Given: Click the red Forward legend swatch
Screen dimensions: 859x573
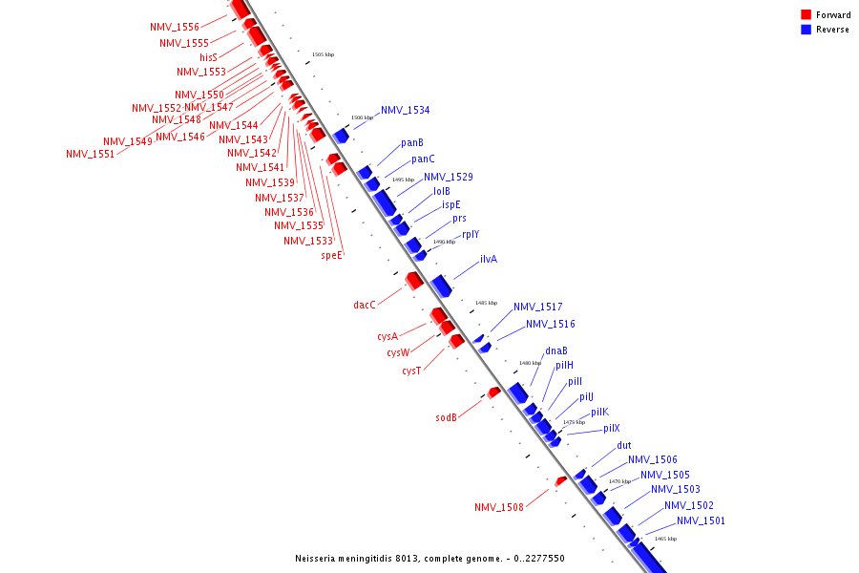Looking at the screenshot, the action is pyautogui.click(x=807, y=14).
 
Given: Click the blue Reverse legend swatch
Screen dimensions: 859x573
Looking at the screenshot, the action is pyautogui.click(x=807, y=30).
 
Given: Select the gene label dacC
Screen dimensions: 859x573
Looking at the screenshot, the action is pyautogui.click(x=365, y=305).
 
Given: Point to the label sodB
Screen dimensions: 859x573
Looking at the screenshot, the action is pyautogui.click(x=447, y=417).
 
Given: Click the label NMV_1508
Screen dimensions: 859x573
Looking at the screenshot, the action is pyautogui.click(x=499, y=507).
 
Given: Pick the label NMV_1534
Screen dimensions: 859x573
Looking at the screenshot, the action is pyautogui.click(x=405, y=110).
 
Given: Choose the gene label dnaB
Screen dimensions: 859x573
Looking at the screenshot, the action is pyautogui.click(x=556, y=350).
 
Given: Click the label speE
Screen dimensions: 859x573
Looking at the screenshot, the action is pyautogui.click(x=331, y=255).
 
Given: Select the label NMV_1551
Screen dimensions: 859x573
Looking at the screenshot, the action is pyautogui.click(x=90, y=154).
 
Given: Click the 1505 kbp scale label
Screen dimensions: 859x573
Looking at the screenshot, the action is pyautogui.click(x=324, y=54).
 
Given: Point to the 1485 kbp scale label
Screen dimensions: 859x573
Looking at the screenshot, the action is pyautogui.click(x=486, y=303).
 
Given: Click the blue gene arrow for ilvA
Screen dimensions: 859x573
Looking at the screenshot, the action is pyautogui.click(x=440, y=284).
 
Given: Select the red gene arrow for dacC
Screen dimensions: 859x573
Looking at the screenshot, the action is pyautogui.click(x=414, y=280).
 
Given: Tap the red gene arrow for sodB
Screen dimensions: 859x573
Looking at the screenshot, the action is pyautogui.click(x=493, y=393).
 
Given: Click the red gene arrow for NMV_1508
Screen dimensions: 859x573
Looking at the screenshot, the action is pyautogui.click(x=561, y=480).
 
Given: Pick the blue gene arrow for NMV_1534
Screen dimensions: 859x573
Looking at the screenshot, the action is pyautogui.click(x=341, y=135).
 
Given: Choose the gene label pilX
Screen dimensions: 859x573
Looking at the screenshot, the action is pyautogui.click(x=610, y=428).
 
